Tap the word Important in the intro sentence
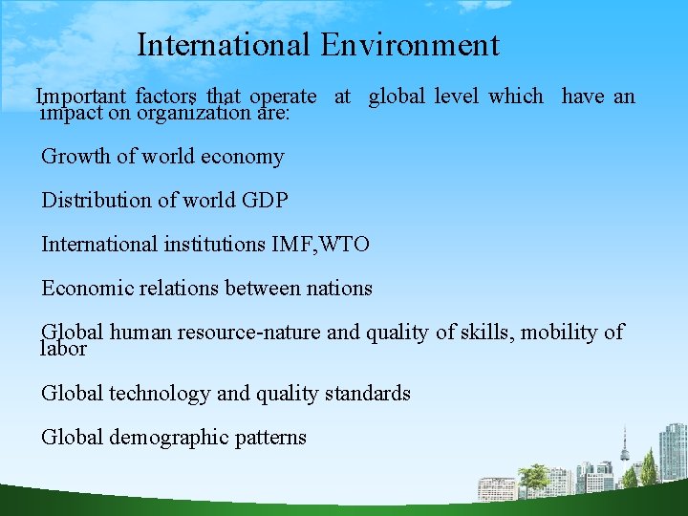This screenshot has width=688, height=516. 81,96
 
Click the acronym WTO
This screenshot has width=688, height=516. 347,245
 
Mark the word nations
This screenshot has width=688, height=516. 340,289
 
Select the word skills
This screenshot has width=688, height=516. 484,333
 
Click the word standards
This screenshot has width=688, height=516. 368,394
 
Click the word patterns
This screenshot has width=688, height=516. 276,438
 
